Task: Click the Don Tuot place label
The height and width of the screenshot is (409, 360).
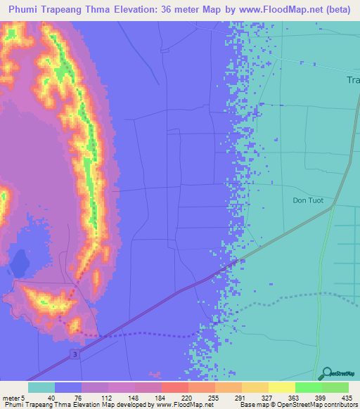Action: (x=306, y=200)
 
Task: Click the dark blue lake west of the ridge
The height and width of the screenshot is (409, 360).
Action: (x=19, y=263)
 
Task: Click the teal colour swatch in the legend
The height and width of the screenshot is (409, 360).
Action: (x=41, y=387)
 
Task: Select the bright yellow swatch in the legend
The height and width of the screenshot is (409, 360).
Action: (x=281, y=387)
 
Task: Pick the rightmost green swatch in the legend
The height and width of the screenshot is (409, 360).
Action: (x=335, y=387)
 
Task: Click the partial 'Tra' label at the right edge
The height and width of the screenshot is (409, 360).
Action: (x=353, y=80)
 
